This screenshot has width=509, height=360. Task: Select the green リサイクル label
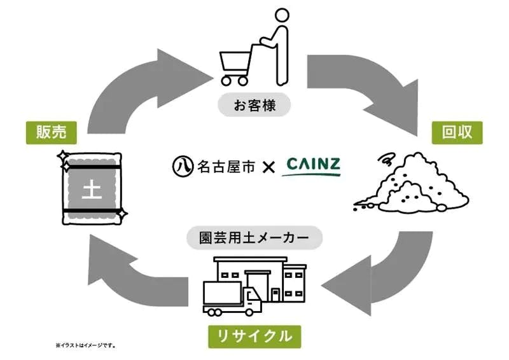pyautogui.click(x=254, y=335)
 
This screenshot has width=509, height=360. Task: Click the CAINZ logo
pyautogui.click(x=312, y=166)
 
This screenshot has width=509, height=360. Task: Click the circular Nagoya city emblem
pyautogui.click(x=181, y=167)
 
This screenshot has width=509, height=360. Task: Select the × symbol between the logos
pyautogui.click(x=268, y=167)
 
